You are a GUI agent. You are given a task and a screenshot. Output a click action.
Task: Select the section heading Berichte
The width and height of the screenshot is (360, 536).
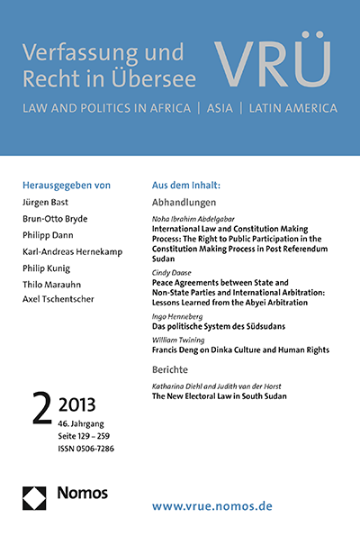click(x=173, y=368)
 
